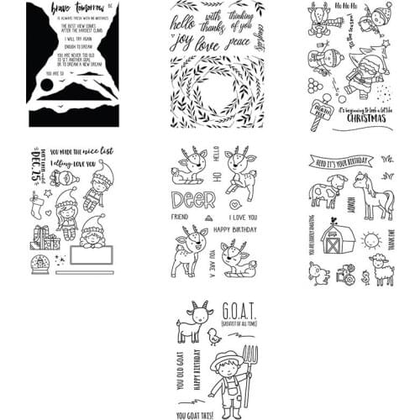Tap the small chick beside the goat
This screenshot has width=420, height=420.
pos(216,335)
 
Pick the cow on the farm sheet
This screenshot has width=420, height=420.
pos(323,190)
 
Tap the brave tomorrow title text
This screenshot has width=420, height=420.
pos(71,14)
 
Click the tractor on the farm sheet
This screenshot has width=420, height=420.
pos(343,274)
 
